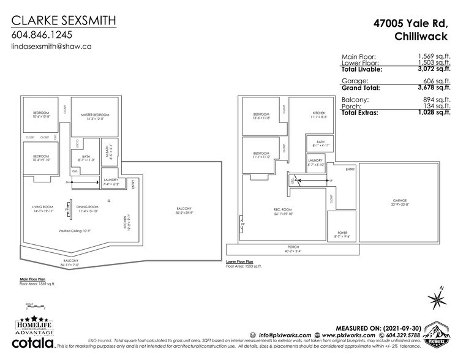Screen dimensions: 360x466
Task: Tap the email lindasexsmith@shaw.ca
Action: pyautogui.click(x=51, y=47)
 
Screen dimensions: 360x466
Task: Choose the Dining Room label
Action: pyautogui.click(x=87, y=209)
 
